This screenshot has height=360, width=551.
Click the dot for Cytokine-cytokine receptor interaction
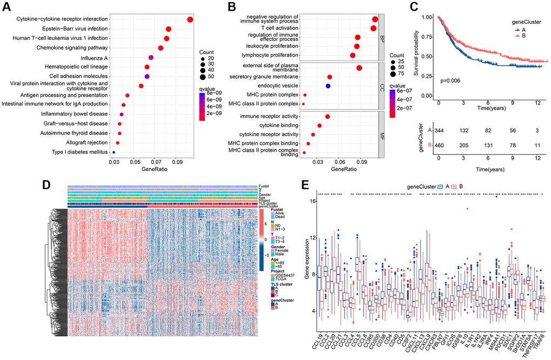point(190,20)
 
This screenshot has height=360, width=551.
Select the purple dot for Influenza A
point(151,58)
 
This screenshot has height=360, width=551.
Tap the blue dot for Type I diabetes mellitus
point(113,153)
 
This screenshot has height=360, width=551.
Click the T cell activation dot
point(373,28)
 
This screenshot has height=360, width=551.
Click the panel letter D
point(48,185)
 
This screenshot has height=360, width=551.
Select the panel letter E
point(306,185)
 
